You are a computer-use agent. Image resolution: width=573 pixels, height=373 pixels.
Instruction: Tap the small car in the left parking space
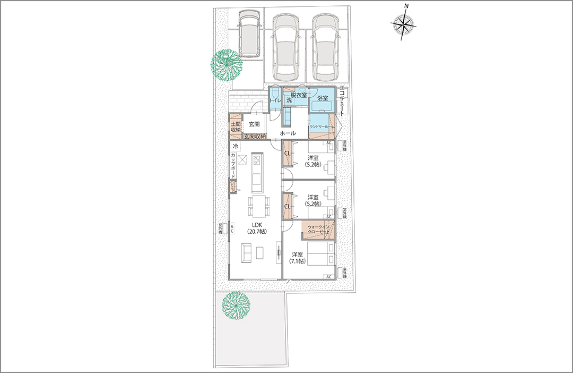249,34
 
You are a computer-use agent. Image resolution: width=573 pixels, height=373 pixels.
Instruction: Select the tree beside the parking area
226,65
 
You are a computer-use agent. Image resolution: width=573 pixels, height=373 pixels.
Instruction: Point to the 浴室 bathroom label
322,98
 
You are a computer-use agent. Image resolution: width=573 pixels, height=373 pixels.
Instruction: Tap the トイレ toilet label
275,100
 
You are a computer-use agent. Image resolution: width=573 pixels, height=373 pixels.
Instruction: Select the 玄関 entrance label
254,124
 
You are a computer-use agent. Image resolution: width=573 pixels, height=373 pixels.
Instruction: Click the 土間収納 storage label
236,126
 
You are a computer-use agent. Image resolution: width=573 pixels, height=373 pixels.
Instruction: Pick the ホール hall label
288,133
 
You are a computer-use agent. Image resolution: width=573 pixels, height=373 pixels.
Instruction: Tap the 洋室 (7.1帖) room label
297,258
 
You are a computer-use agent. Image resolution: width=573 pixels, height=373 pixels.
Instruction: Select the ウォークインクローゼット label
318,230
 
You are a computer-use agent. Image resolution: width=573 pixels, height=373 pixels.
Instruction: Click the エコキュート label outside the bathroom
342,101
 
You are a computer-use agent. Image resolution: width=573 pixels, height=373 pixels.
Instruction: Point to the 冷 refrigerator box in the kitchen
235,146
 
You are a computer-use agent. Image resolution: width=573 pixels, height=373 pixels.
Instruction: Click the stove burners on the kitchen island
257,160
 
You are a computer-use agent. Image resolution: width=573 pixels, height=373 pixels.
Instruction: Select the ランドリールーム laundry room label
319,126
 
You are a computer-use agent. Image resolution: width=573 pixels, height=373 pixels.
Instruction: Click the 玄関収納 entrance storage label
255,137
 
